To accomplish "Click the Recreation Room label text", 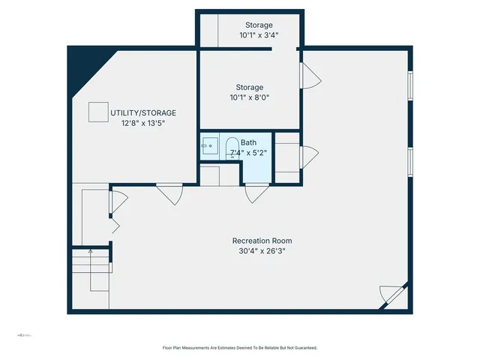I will (x=259, y=241).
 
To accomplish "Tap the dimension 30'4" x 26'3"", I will (x=259, y=251).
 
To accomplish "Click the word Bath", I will (x=248, y=142).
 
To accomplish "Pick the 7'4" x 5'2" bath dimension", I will (x=248, y=153).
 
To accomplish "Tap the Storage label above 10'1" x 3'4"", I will (x=249, y=25).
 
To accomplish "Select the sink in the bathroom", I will (x=209, y=145).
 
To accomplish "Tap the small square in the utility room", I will (x=97, y=112).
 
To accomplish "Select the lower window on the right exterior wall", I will (x=409, y=162).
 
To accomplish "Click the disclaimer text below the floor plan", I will (x=240, y=347).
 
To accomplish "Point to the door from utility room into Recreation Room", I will (x=169, y=195).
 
